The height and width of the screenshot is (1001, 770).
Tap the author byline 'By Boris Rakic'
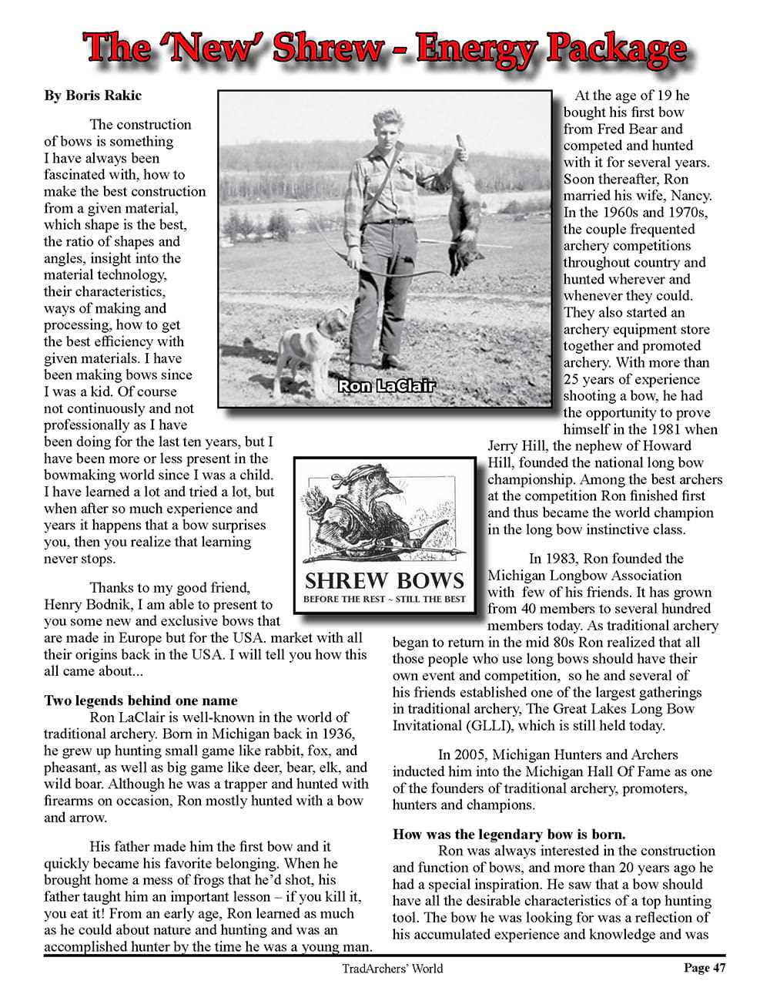[x=92, y=96]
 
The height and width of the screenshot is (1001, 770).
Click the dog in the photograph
[x=303, y=348]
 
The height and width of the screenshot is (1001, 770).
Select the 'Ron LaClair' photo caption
[x=387, y=385]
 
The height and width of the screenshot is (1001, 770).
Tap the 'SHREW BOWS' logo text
[x=384, y=579]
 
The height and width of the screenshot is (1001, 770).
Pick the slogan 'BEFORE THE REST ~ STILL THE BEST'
[x=384, y=600]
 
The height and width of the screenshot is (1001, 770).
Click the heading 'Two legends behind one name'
[x=141, y=700]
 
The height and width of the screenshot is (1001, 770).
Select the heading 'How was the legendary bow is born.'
[x=509, y=834]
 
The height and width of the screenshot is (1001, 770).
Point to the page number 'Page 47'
[x=704, y=968]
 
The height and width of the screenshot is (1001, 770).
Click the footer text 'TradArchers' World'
[x=393, y=969]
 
